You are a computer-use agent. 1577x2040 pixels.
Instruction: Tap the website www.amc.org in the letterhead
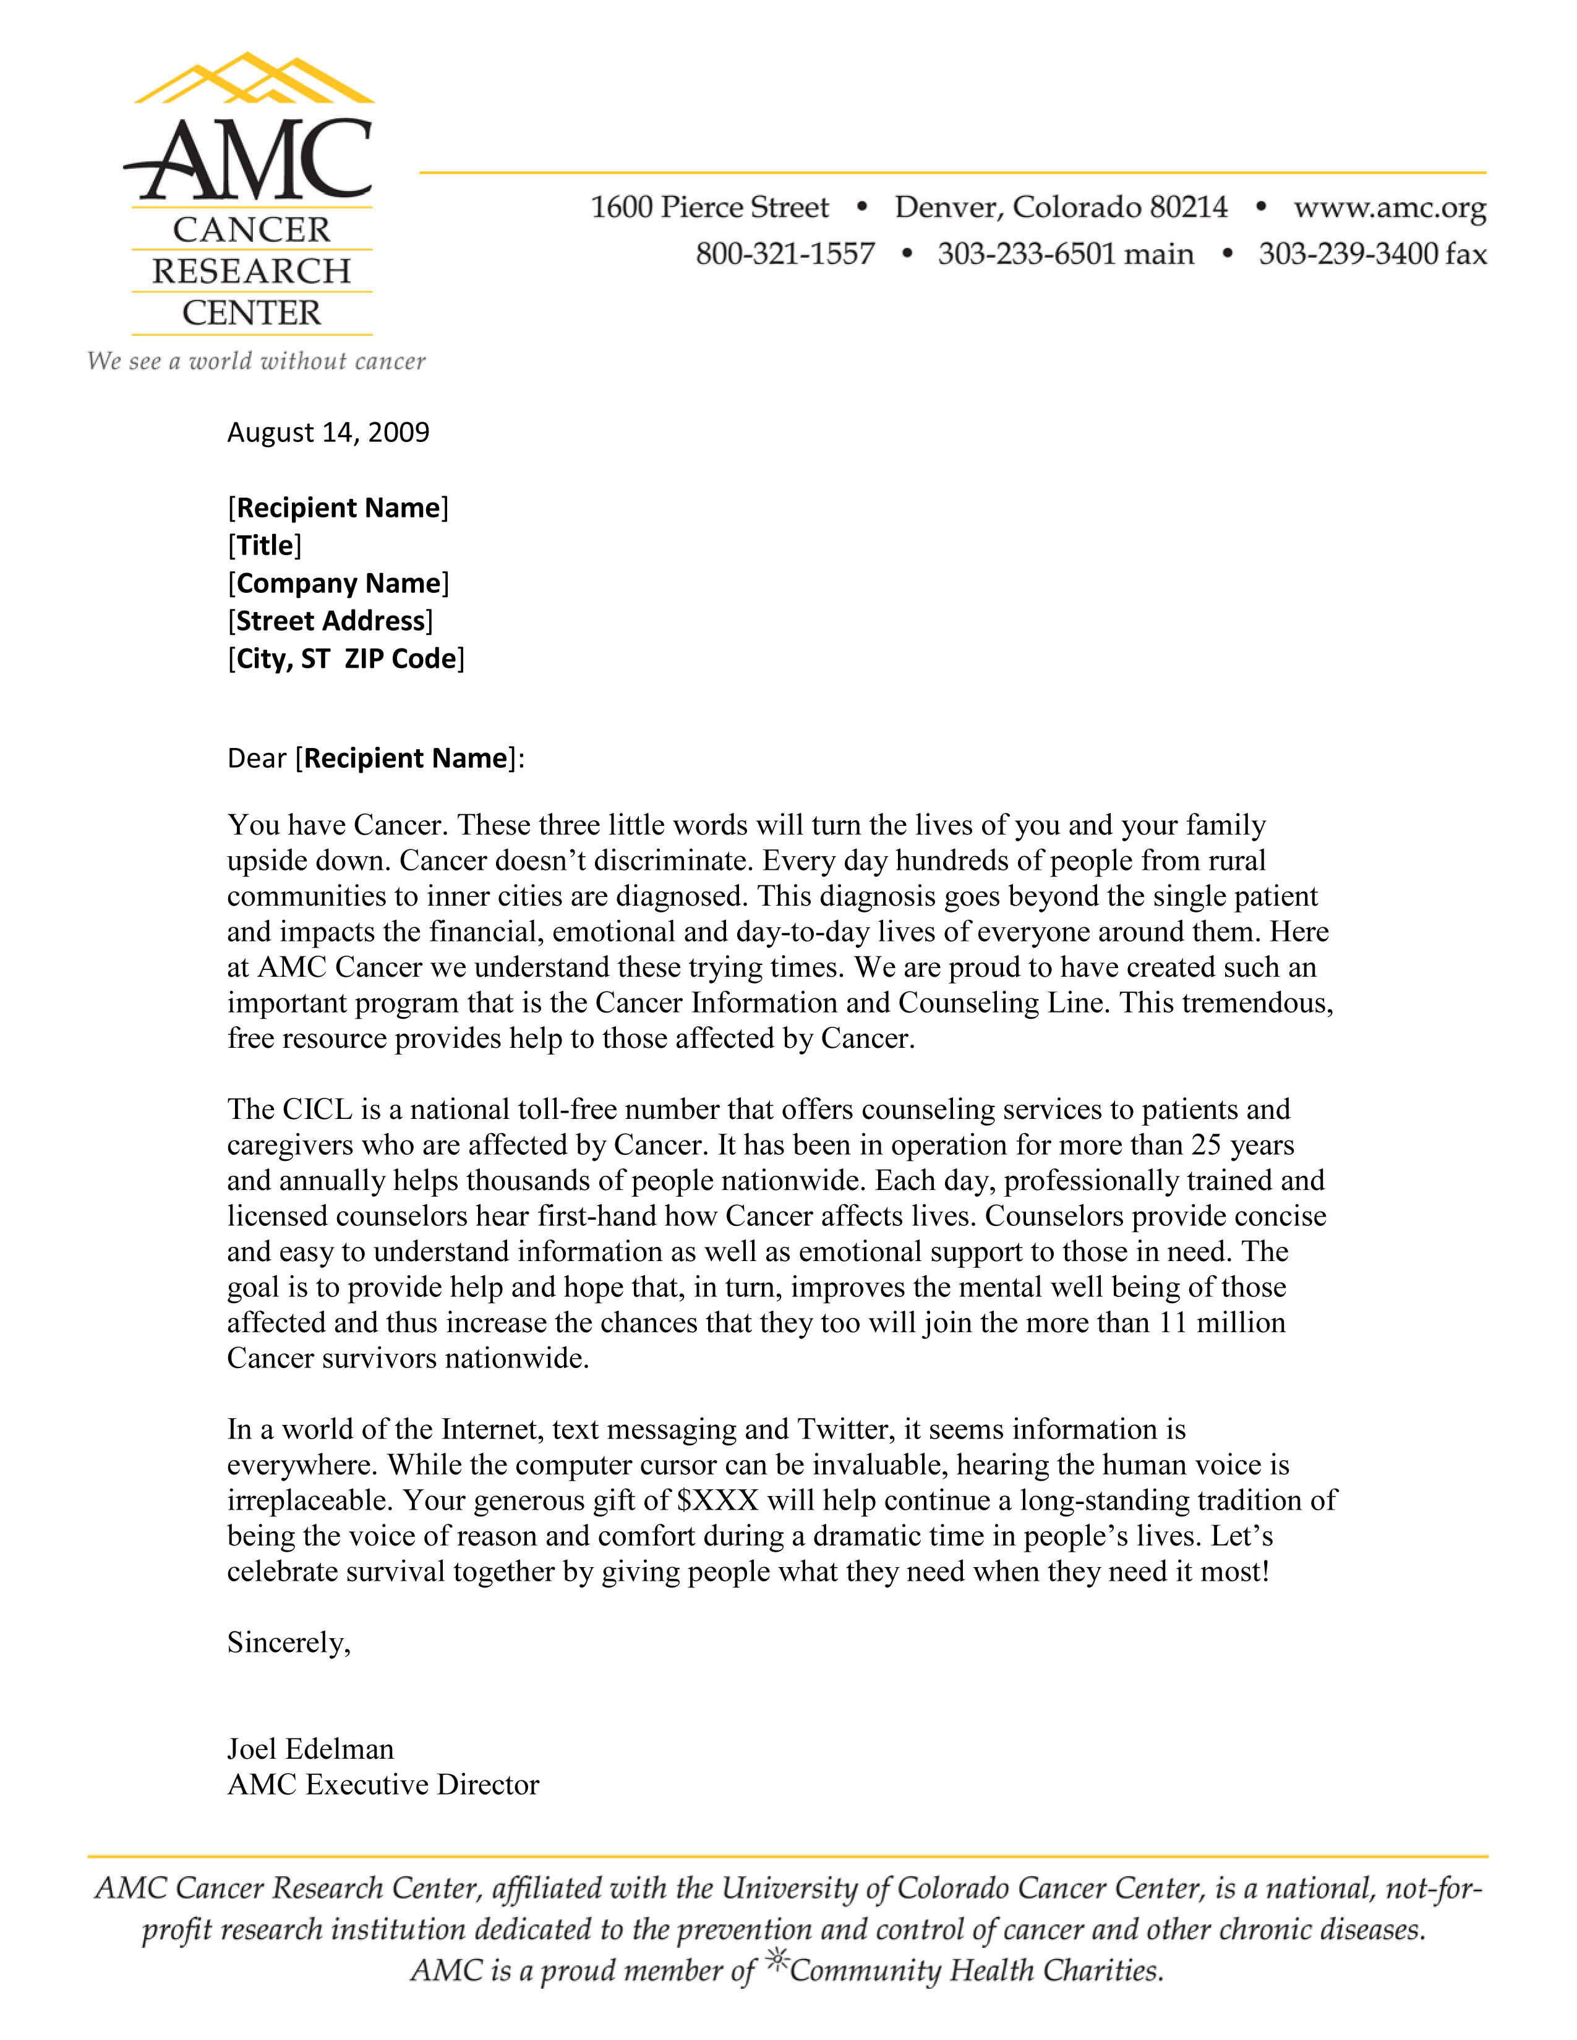tap(1389, 207)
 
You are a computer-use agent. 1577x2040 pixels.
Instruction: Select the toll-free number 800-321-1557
tap(785, 254)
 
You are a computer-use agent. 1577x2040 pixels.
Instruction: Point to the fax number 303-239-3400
tap(1372, 254)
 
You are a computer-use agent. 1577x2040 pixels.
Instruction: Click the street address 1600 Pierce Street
tap(709, 207)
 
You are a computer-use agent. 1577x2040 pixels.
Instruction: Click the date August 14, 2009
tap(328, 433)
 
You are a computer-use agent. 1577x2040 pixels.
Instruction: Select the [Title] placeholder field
tap(265, 545)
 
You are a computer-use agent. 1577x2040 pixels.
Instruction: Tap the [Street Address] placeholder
tap(330, 621)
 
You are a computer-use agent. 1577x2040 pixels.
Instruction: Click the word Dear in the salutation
tap(256, 759)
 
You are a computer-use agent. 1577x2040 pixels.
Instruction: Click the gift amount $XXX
tap(717, 1500)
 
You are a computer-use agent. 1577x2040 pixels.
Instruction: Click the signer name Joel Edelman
tap(310, 1749)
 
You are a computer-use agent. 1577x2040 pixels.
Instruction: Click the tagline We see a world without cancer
tap(256, 362)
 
